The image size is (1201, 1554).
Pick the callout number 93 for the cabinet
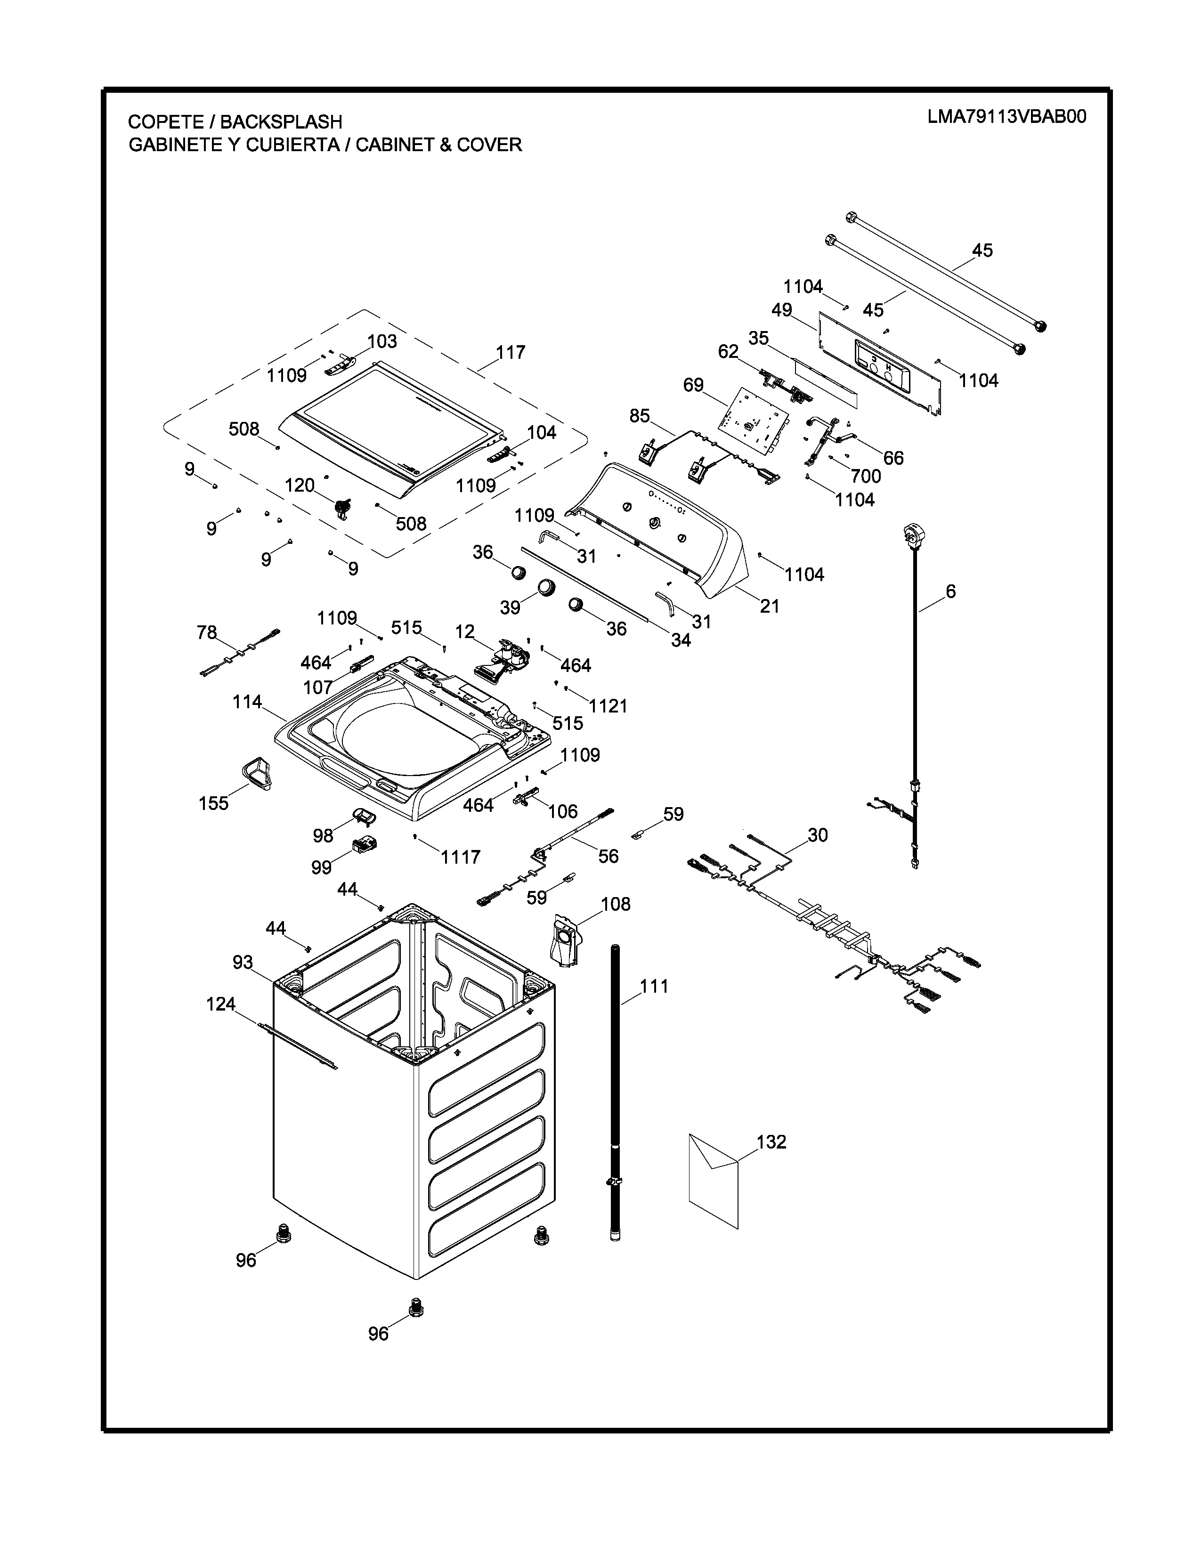click(243, 962)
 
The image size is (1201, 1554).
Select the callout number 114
click(247, 702)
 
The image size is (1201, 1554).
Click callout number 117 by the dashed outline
click(510, 352)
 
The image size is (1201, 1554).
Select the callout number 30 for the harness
click(818, 834)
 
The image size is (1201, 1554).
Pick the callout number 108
click(616, 904)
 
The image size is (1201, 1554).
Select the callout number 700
click(865, 476)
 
